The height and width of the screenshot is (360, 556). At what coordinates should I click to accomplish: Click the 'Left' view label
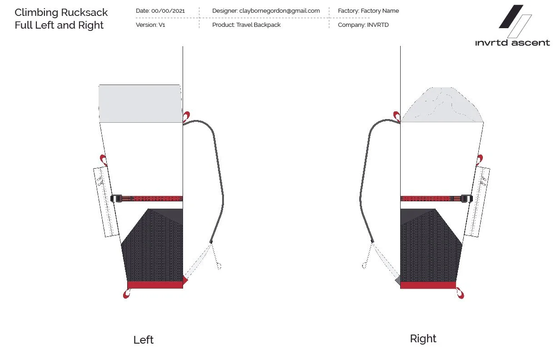coord(144,340)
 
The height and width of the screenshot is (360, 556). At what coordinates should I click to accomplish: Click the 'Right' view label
coord(423,339)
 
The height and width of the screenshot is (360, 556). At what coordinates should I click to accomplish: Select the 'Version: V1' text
coord(150,25)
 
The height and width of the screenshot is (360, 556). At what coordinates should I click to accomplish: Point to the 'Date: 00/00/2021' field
coord(160,10)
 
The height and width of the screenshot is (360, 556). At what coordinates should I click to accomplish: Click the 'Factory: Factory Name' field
coord(368,10)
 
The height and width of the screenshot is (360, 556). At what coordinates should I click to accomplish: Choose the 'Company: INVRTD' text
coord(363,25)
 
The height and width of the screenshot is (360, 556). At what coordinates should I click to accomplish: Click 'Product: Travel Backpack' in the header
coord(246,25)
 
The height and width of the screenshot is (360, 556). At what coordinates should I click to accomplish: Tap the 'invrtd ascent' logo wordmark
coord(512,43)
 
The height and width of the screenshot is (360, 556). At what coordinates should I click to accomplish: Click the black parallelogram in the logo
coord(511,17)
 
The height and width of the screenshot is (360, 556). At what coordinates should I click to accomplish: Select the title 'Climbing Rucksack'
coord(61,12)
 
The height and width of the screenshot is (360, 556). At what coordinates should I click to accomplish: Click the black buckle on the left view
coord(117,198)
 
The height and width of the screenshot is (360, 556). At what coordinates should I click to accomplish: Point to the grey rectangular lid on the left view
coord(140,104)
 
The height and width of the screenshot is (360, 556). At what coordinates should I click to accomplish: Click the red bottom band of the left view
coord(154,285)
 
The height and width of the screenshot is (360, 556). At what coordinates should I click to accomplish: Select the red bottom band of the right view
coord(428,285)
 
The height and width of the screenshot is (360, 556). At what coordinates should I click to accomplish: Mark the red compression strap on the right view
coord(429,198)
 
